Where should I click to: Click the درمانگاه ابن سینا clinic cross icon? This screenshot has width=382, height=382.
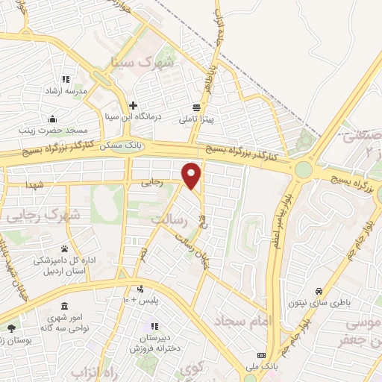click(133, 105)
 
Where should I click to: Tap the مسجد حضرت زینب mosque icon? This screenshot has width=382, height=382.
click(52, 119)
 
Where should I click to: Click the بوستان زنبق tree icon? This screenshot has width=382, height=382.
click(10, 328)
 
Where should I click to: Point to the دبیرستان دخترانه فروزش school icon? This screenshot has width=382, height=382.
click(155, 327)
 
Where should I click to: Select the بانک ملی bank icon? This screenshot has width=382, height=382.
click(261, 355)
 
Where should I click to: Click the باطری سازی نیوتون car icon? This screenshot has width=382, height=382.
click(319, 290)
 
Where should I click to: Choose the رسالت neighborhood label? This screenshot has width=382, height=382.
click(167, 220)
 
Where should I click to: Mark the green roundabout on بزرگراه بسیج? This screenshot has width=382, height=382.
click(303, 170)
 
